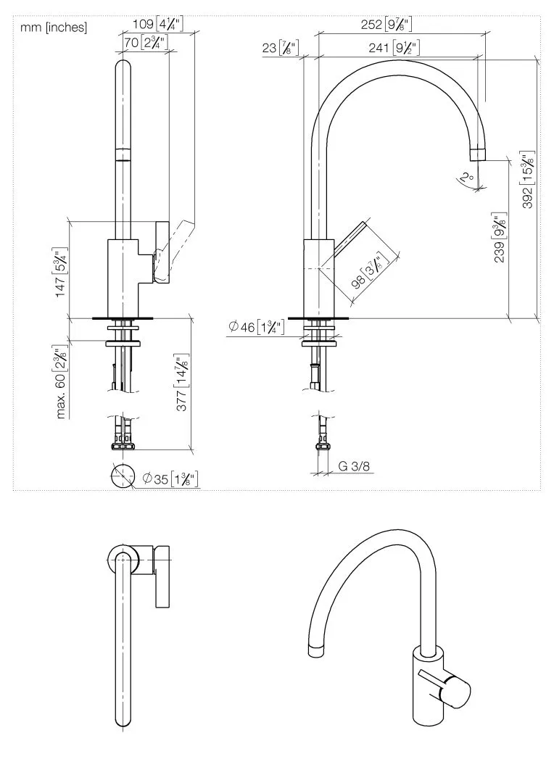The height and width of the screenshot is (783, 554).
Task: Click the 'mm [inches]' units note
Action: pos(53,28)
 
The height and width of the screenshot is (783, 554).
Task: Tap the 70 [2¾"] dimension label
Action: pos(146,43)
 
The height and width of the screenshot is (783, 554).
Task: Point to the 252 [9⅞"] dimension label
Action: pos(386,24)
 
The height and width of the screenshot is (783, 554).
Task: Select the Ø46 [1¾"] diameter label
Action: pos(256,327)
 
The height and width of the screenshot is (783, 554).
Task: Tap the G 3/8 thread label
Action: pos(355,467)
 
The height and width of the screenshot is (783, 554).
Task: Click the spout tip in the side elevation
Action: pos(477,153)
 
